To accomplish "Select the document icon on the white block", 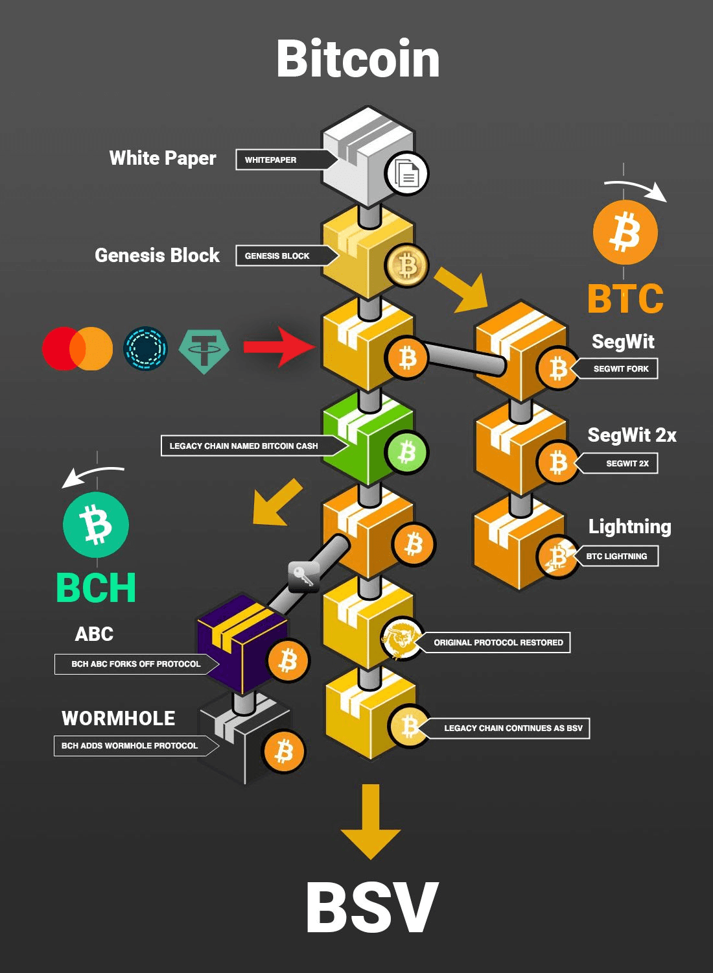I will [x=406, y=174].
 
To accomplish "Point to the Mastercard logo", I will [x=77, y=348].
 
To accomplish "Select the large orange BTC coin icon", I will [x=625, y=232].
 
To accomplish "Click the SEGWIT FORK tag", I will [x=620, y=368].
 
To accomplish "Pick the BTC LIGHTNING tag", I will [x=617, y=556].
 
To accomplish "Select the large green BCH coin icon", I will [x=96, y=525].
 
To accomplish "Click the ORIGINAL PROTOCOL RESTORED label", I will [x=498, y=642].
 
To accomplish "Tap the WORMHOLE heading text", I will [x=118, y=718].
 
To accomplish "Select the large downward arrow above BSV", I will [x=370, y=821].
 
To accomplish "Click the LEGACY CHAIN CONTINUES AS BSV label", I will [x=512, y=728].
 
